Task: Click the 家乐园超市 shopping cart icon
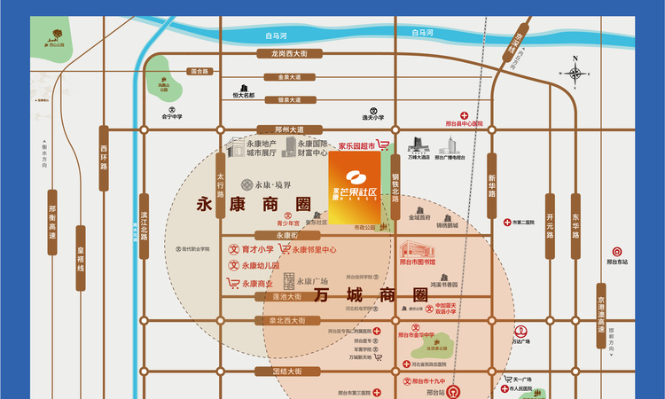click(384, 144)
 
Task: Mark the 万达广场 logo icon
click(520, 330)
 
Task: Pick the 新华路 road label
click(490, 187)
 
